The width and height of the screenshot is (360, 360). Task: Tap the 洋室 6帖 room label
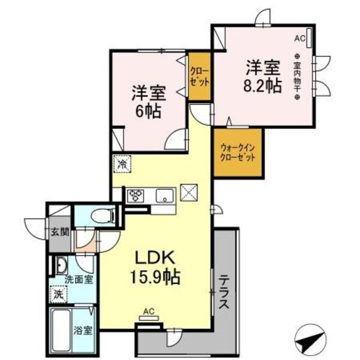pos(149,101)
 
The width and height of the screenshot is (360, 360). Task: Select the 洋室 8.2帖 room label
pos(263,74)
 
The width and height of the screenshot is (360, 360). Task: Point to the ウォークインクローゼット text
pos(238,152)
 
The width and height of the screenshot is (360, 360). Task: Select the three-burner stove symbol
pos(135,196)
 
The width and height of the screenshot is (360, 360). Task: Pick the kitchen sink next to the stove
pos(163,196)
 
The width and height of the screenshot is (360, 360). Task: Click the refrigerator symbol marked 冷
pos(122,163)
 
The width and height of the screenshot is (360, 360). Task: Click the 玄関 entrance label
pos(58,232)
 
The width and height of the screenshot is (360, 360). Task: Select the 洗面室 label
pos(79,280)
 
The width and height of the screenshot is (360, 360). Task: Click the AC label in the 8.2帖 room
pos(299,38)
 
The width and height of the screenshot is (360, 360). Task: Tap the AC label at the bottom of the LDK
pos(149,311)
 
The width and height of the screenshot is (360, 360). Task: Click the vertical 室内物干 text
pos(297,76)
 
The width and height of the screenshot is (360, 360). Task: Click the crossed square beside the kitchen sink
pos(190,193)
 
